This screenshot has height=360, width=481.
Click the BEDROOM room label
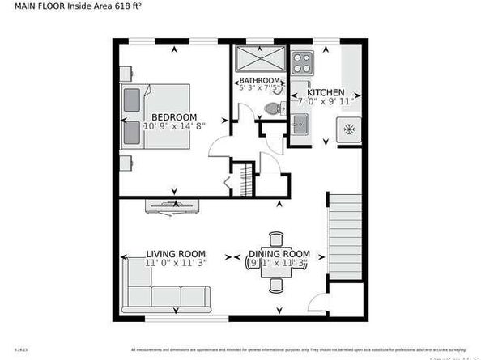click(174, 117)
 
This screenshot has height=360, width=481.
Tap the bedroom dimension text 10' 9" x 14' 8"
click(174, 126)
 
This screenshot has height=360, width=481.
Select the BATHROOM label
click(258, 81)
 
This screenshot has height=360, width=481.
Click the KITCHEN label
click(325, 93)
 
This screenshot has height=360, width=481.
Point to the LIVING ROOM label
click(176, 252)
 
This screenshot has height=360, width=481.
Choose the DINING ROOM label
click(279, 254)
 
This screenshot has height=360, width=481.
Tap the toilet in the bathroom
click(273, 108)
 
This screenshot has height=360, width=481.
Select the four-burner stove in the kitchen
click(301, 61)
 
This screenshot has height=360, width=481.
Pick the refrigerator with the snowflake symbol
click(349, 129)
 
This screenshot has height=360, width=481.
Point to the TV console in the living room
click(170, 205)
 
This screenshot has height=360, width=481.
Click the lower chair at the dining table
click(276, 285)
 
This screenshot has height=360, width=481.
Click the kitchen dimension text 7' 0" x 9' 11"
click(325, 102)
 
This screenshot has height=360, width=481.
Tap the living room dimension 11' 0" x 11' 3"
click(176, 262)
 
